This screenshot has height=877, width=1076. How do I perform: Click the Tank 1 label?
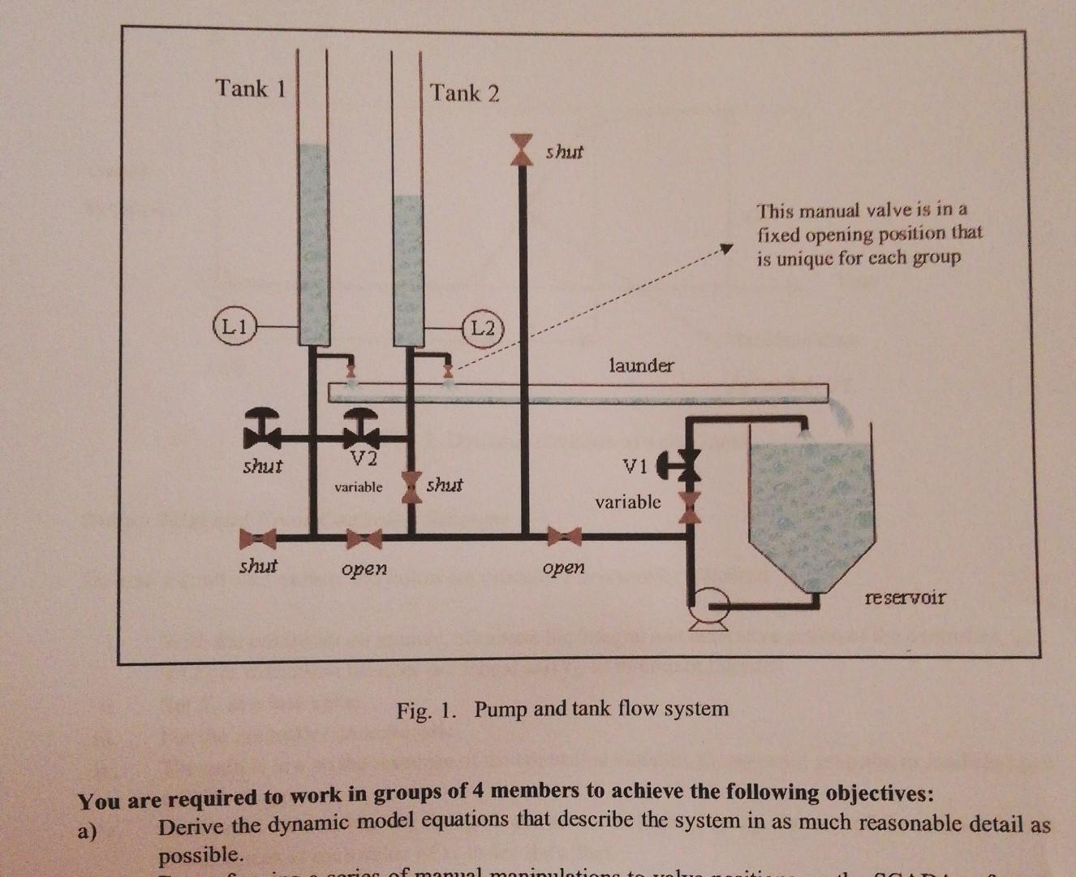250,88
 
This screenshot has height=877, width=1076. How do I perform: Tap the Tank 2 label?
465,93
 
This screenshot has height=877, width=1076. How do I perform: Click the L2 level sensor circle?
483,327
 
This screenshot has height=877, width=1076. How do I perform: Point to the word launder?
641,365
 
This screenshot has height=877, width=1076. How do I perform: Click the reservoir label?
905,598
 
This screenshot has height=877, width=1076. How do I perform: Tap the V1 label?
635,467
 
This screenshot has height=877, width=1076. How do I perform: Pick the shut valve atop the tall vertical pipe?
522,150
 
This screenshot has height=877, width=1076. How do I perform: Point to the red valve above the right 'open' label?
565,536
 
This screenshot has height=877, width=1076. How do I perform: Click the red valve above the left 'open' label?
364,538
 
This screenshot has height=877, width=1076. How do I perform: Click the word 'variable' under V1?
628,502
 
